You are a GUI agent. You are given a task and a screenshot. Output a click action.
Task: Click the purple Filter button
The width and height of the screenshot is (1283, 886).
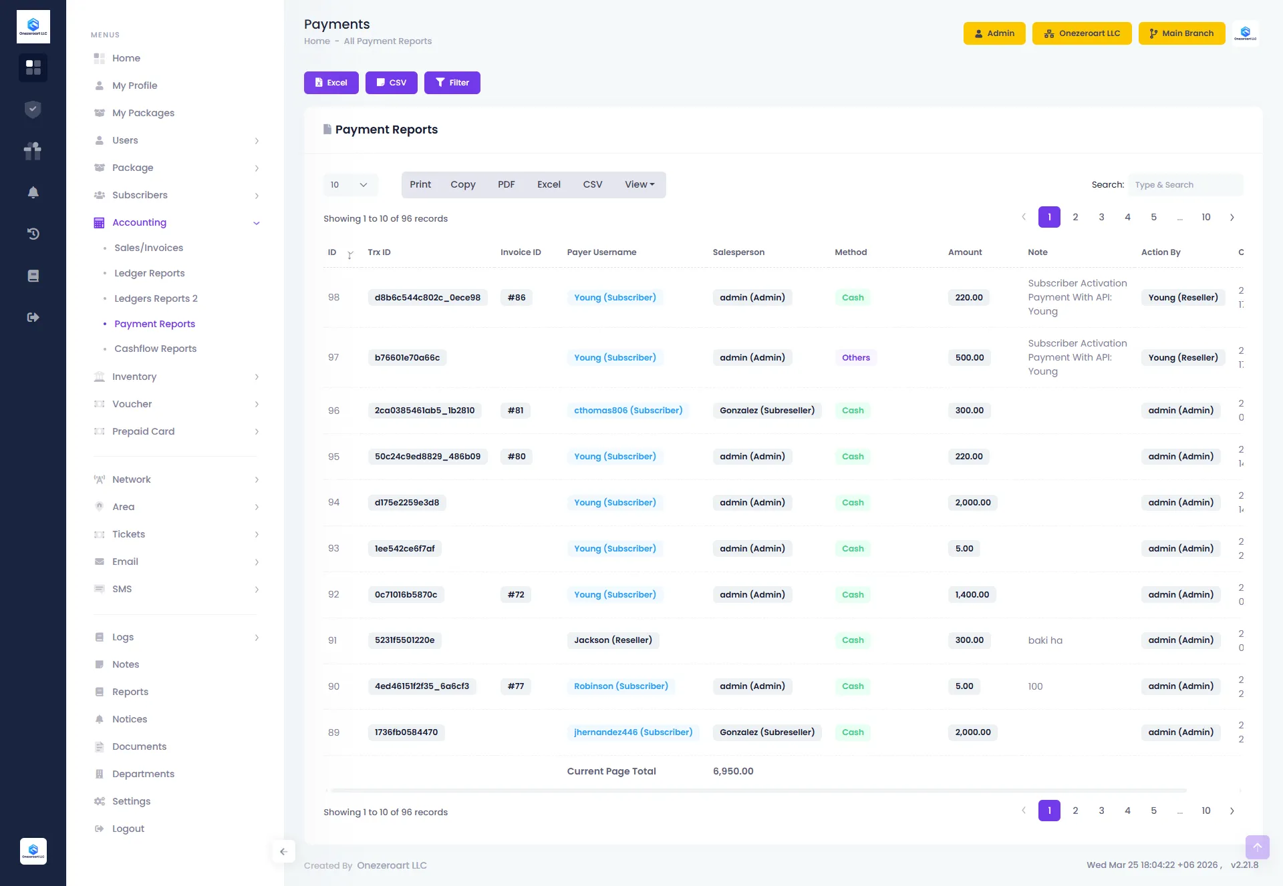(x=452, y=83)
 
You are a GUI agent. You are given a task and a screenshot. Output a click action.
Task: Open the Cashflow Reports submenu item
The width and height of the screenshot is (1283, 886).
(x=155, y=349)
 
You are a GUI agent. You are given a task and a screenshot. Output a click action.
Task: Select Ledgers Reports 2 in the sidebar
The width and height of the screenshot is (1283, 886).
(x=156, y=298)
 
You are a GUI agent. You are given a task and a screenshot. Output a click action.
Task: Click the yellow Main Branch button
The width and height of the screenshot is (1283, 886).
(x=1181, y=33)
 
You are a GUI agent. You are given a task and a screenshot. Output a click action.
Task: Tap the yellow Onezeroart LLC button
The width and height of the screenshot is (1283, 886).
(x=1082, y=33)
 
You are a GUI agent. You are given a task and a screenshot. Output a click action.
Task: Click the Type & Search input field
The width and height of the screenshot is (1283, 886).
(x=1185, y=185)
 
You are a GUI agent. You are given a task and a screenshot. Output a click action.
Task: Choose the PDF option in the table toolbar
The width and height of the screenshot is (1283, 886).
(x=506, y=185)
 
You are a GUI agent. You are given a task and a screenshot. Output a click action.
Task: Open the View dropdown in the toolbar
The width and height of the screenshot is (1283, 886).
(x=639, y=185)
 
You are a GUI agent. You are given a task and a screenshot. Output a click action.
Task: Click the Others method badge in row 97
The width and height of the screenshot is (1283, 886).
(x=855, y=358)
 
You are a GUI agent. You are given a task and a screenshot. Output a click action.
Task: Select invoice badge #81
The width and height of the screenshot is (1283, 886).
(x=515, y=411)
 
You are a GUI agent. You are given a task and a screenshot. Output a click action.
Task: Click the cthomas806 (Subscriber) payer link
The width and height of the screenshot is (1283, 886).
(x=628, y=411)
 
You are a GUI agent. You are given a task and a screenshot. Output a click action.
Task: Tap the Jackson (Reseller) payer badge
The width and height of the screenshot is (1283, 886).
(x=613, y=640)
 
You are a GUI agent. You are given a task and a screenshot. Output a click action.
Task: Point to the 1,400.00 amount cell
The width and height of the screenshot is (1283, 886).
(x=972, y=595)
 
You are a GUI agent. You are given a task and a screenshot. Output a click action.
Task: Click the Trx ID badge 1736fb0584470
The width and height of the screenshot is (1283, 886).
(x=406, y=732)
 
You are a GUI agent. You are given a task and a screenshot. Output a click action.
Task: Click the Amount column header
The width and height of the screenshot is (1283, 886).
(x=964, y=252)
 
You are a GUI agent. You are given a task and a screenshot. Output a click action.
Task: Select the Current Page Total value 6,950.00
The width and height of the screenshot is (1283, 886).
(x=733, y=771)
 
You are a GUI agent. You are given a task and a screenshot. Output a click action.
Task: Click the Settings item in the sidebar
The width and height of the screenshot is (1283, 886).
(x=131, y=801)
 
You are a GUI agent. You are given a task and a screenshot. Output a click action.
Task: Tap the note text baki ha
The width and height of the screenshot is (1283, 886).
(x=1045, y=640)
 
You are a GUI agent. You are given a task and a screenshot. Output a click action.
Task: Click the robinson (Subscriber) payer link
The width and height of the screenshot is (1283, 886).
(x=621, y=686)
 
